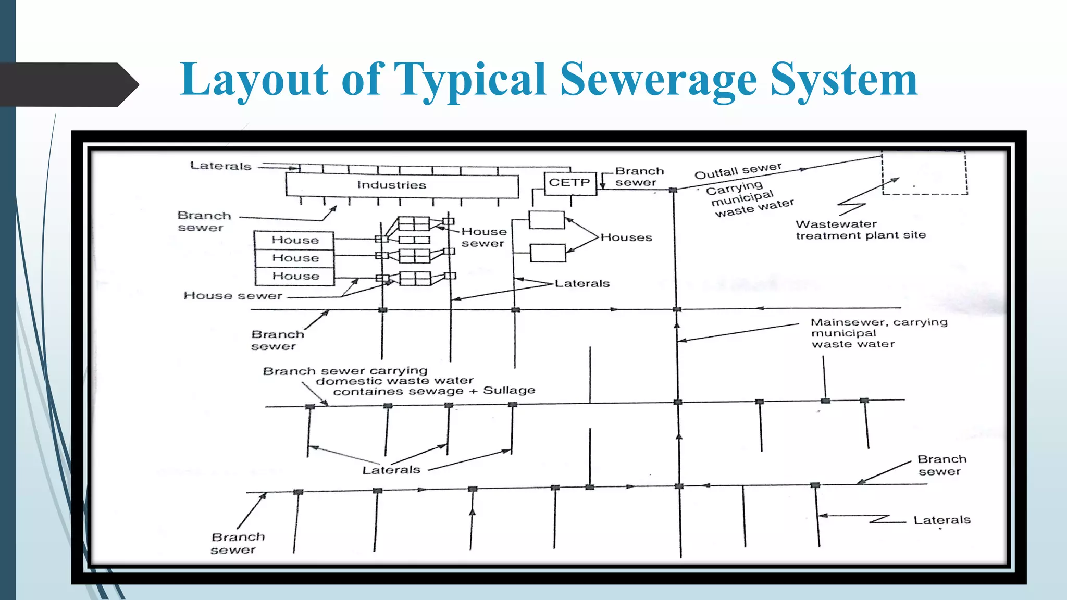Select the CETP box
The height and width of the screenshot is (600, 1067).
[x=570, y=183]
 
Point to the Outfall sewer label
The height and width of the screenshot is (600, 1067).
[x=738, y=170]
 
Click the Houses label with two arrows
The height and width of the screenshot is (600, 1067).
[x=626, y=238]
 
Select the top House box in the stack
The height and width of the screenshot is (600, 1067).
[x=294, y=240]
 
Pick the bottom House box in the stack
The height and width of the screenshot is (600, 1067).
[x=295, y=276]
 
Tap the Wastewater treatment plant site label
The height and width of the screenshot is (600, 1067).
[x=860, y=230]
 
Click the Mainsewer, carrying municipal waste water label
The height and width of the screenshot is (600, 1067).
[x=878, y=333]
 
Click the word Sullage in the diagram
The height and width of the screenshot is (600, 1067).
[x=509, y=390]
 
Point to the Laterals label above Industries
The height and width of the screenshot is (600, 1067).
[x=220, y=166]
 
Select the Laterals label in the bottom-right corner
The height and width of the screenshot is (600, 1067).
[x=942, y=520]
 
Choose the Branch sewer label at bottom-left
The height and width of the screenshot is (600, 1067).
[x=238, y=543]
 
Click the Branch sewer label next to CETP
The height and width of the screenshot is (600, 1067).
[x=639, y=177]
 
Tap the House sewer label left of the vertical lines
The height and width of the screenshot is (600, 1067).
[x=232, y=296]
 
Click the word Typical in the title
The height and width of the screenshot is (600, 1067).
[x=470, y=79]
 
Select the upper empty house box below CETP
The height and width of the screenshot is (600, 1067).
[x=547, y=220]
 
